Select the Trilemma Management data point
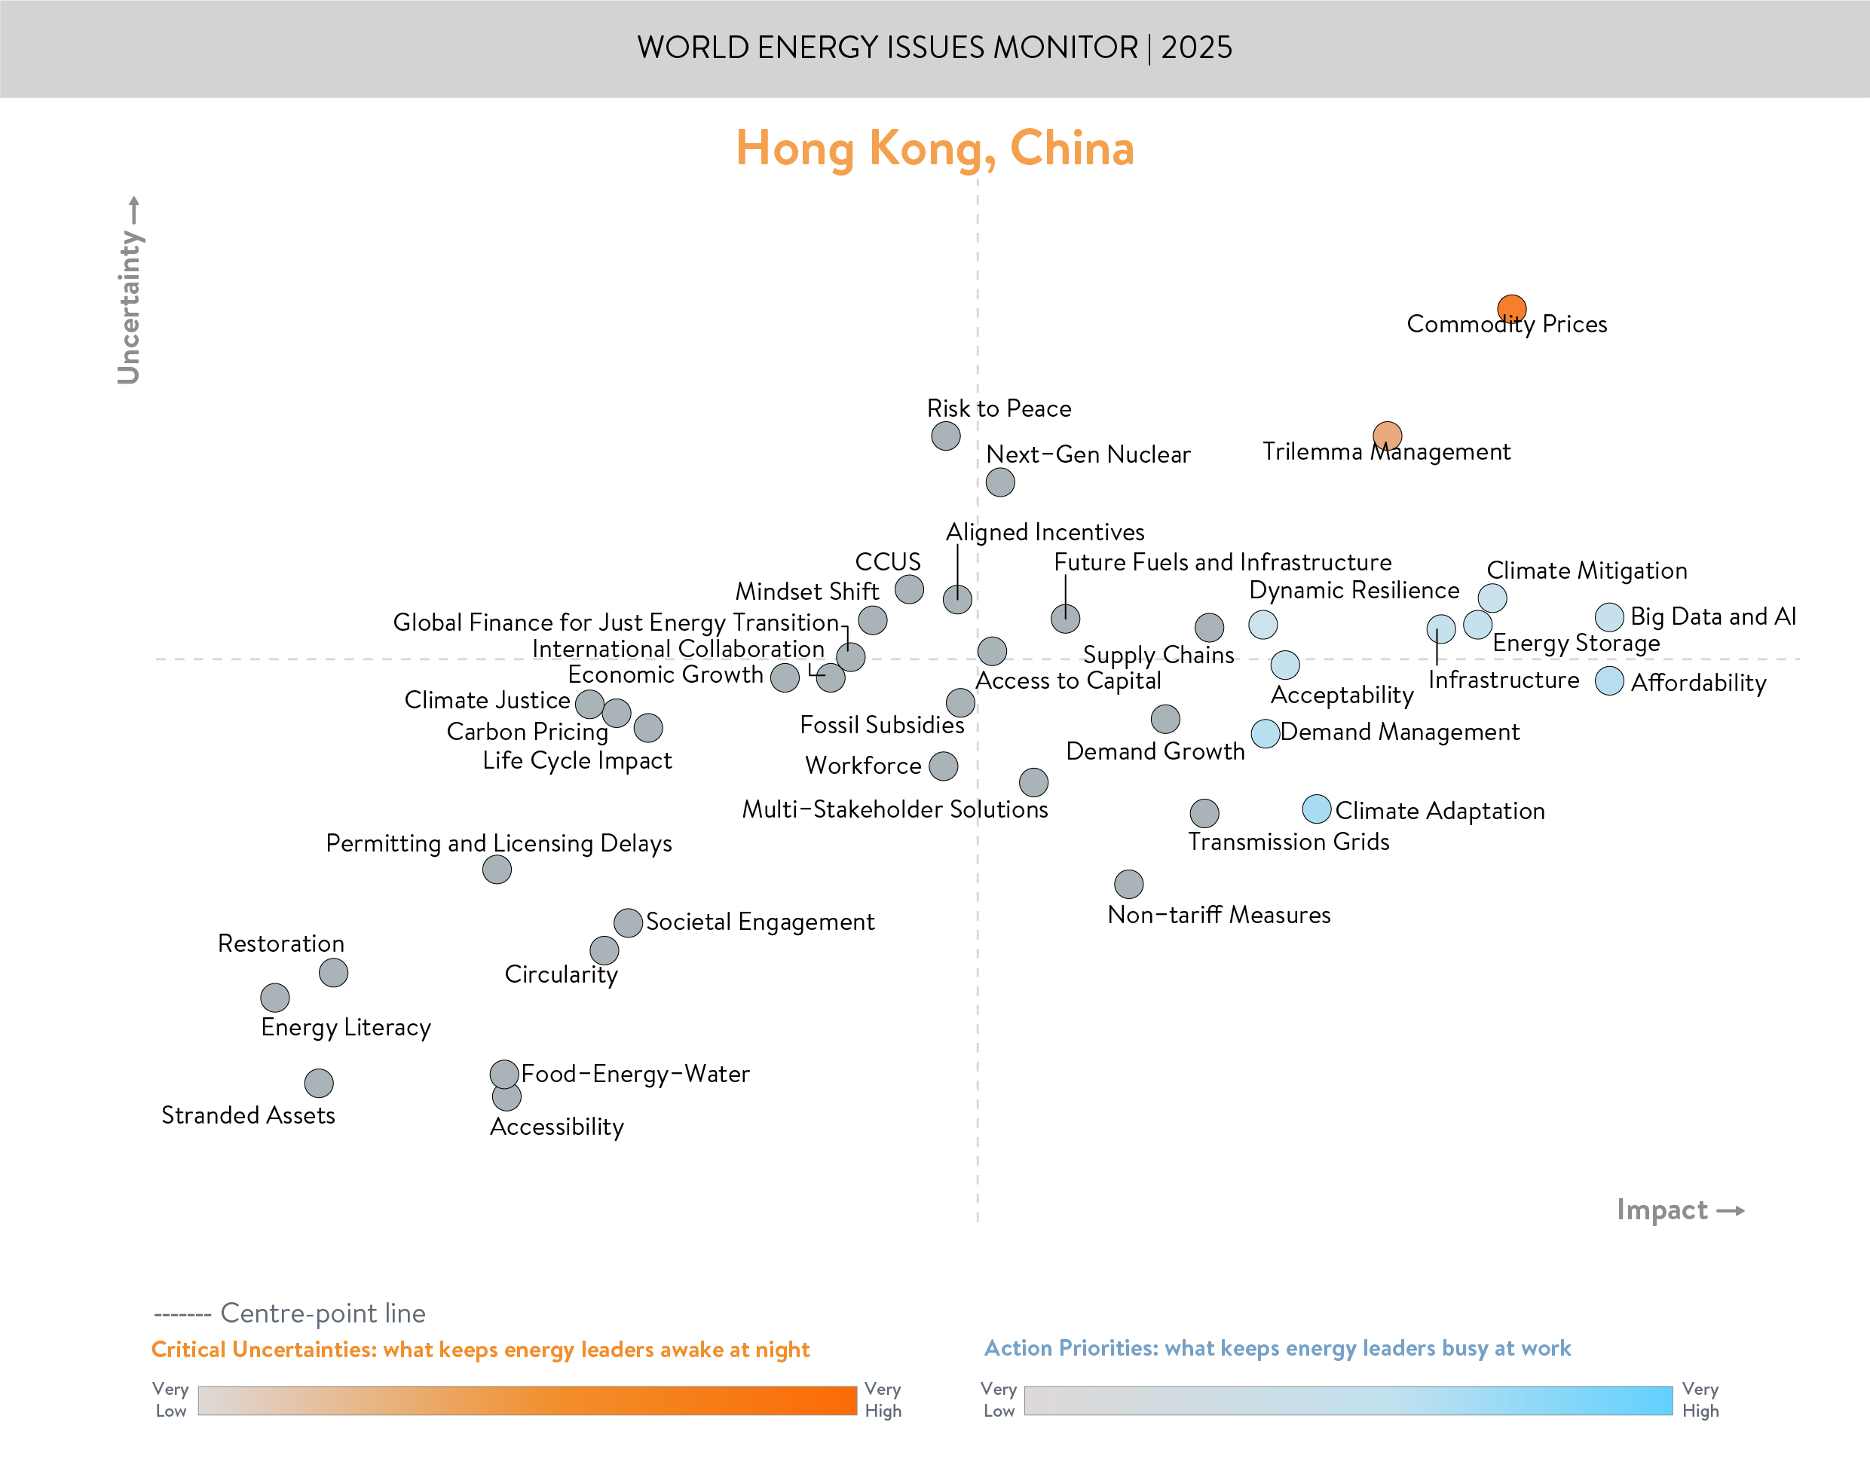[1388, 436]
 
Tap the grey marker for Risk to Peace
[945, 436]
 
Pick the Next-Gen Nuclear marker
[1000, 482]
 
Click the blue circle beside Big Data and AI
[1609, 617]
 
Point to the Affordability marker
[1609, 681]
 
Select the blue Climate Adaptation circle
[1316, 809]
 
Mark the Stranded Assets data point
[319, 1083]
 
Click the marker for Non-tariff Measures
[1128, 884]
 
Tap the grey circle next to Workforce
[944, 766]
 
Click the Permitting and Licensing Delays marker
[497, 869]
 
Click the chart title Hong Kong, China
[934, 148]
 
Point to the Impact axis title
[1662, 1209]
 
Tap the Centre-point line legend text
[323, 1313]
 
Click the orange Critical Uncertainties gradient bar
[527, 1400]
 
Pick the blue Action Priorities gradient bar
[1348, 1400]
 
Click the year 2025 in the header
[1196, 47]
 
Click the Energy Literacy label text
[346, 1028]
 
